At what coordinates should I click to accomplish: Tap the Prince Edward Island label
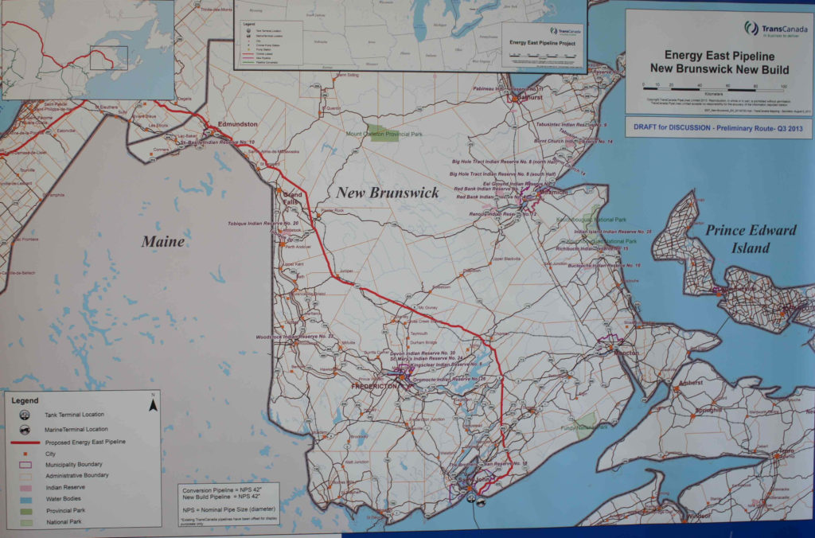[751, 239]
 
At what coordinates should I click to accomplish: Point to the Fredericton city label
[375, 386]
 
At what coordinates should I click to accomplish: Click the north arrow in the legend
[154, 404]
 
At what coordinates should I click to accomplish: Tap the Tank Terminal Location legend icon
[25, 415]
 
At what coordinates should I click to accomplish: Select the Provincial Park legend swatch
[26, 510]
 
